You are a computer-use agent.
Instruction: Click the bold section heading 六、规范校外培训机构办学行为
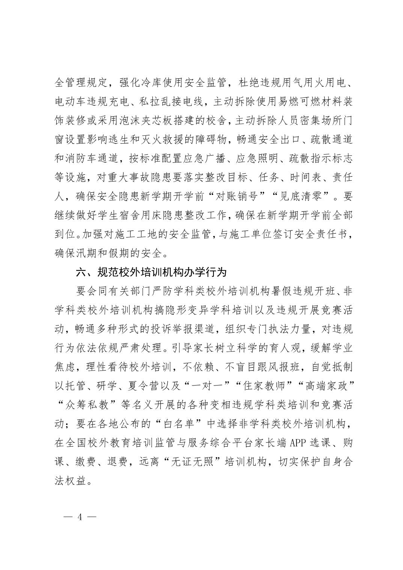coord(151,273)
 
